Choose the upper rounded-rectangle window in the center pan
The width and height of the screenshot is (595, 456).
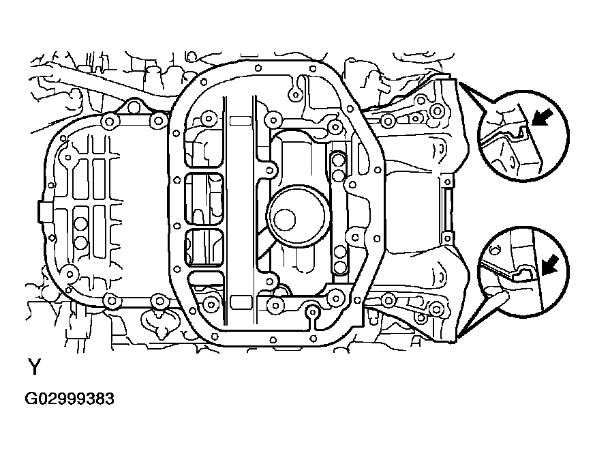[204, 198]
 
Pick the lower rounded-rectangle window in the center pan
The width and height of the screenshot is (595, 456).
[204, 247]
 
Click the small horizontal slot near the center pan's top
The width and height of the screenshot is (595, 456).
[241, 121]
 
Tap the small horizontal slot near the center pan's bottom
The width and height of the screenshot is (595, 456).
[241, 300]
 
